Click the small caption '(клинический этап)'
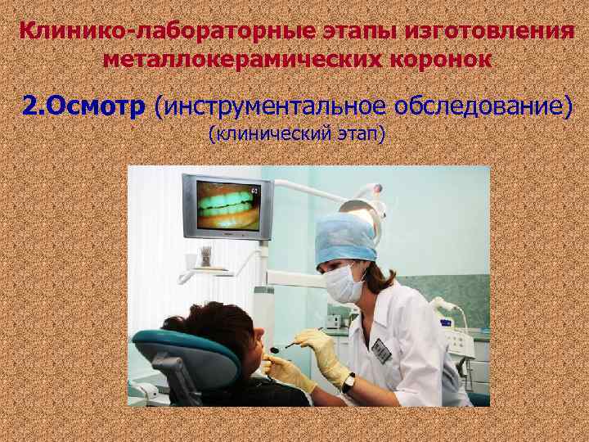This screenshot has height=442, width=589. point(297,133)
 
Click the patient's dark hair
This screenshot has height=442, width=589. point(213,322)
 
